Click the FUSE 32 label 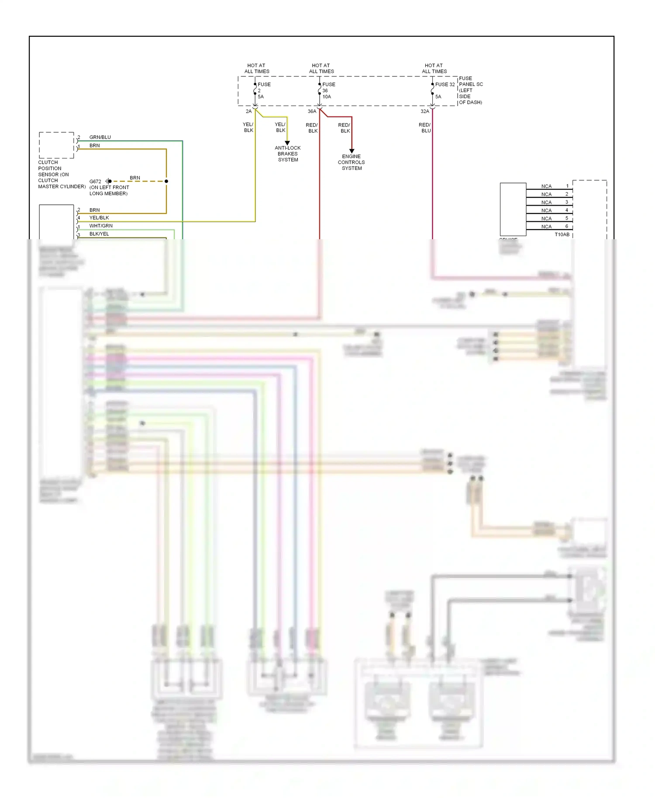point(445,84)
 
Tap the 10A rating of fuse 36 point(327,96)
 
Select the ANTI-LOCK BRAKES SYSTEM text point(288,154)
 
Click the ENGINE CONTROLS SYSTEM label point(351,162)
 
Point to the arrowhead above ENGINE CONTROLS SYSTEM point(352,151)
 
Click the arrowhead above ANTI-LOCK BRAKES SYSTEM point(287,143)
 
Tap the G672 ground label point(95,181)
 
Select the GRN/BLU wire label point(100,137)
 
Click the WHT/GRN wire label point(101,226)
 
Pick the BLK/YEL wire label point(99,234)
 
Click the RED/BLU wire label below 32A point(424,127)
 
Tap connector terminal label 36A point(312,111)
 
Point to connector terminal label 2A point(248,111)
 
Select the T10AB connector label point(562,234)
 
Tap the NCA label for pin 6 point(546,227)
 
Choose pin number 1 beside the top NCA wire point(567,186)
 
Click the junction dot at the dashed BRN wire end point(166,181)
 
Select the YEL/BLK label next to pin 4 point(99,217)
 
